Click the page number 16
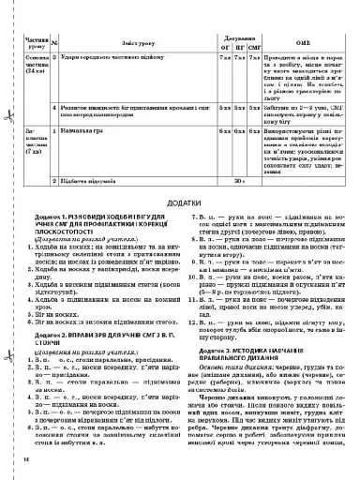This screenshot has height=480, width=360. [x=25, y=459]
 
